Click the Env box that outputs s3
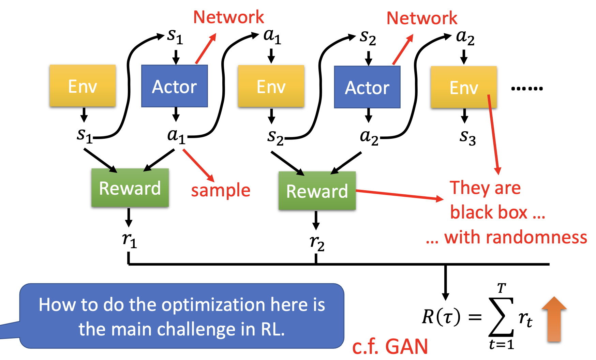click(464, 87)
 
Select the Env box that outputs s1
click(83, 86)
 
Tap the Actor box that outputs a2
click(367, 87)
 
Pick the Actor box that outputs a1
click(175, 86)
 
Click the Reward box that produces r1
click(130, 188)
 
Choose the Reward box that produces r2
click(317, 191)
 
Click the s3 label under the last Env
click(467, 137)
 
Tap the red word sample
click(221, 190)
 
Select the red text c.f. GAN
click(390, 347)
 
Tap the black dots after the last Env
click(527, 89)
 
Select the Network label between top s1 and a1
click(228, 17)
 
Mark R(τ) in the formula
click(441, 317)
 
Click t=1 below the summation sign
click(501, 345)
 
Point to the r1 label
click(130, 240)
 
